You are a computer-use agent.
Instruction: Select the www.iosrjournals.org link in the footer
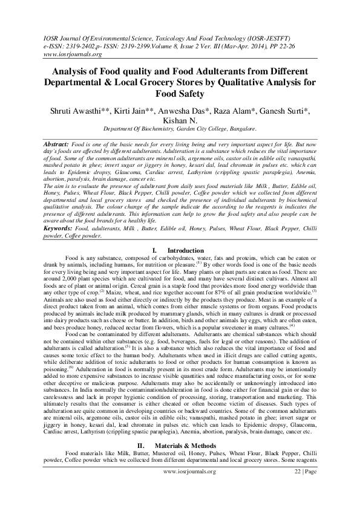(x=180, y=487)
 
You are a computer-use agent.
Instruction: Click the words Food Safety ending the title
(x=180, y=94)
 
